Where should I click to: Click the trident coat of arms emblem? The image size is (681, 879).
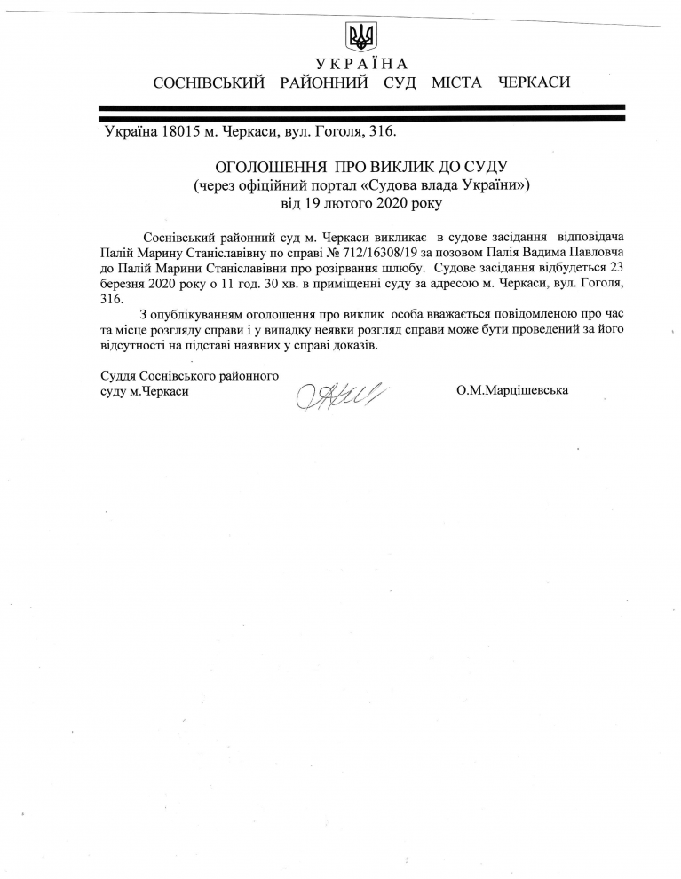(360, 36)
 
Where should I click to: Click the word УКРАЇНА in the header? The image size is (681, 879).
(361, 63)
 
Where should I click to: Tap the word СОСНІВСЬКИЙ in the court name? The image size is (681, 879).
(210, 83)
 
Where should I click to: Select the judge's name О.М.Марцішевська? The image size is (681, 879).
(512, 389)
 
